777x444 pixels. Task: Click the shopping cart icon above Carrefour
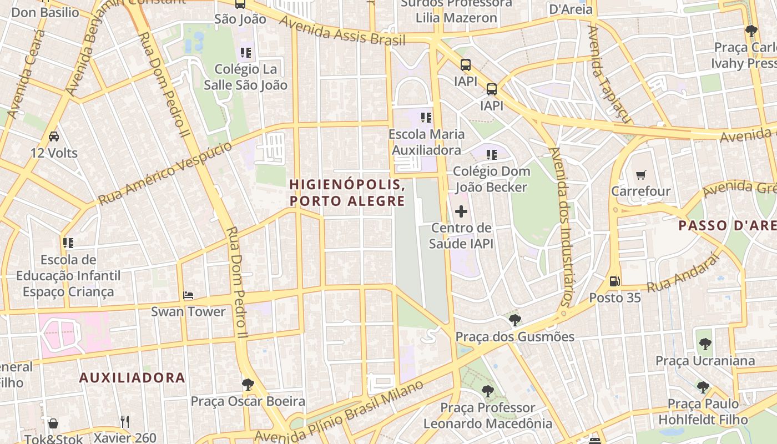pos(641,175)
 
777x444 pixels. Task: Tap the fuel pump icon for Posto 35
pos(614,281)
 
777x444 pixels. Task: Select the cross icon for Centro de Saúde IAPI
pos(461,211)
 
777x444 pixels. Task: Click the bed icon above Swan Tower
pos(188,295)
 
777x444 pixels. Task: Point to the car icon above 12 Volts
pos(54,137)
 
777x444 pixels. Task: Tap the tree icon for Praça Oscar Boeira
pos(248,384)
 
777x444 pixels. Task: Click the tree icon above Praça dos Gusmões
pos(514,320)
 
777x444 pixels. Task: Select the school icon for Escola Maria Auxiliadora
pos(426,118)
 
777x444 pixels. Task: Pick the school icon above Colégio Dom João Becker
pos(491,155)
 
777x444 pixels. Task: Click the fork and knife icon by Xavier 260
pos(125,422)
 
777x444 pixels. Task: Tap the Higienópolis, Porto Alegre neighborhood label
pos(347,193)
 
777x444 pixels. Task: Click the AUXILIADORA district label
pos(132,378)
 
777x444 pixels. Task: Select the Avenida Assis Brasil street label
pos(342,31)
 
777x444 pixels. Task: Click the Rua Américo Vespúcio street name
pos(165,173)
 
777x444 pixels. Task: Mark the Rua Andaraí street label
pos(683,273)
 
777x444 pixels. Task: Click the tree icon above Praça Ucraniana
pos(705,345)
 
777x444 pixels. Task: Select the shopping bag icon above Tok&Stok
pos(53,423)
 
